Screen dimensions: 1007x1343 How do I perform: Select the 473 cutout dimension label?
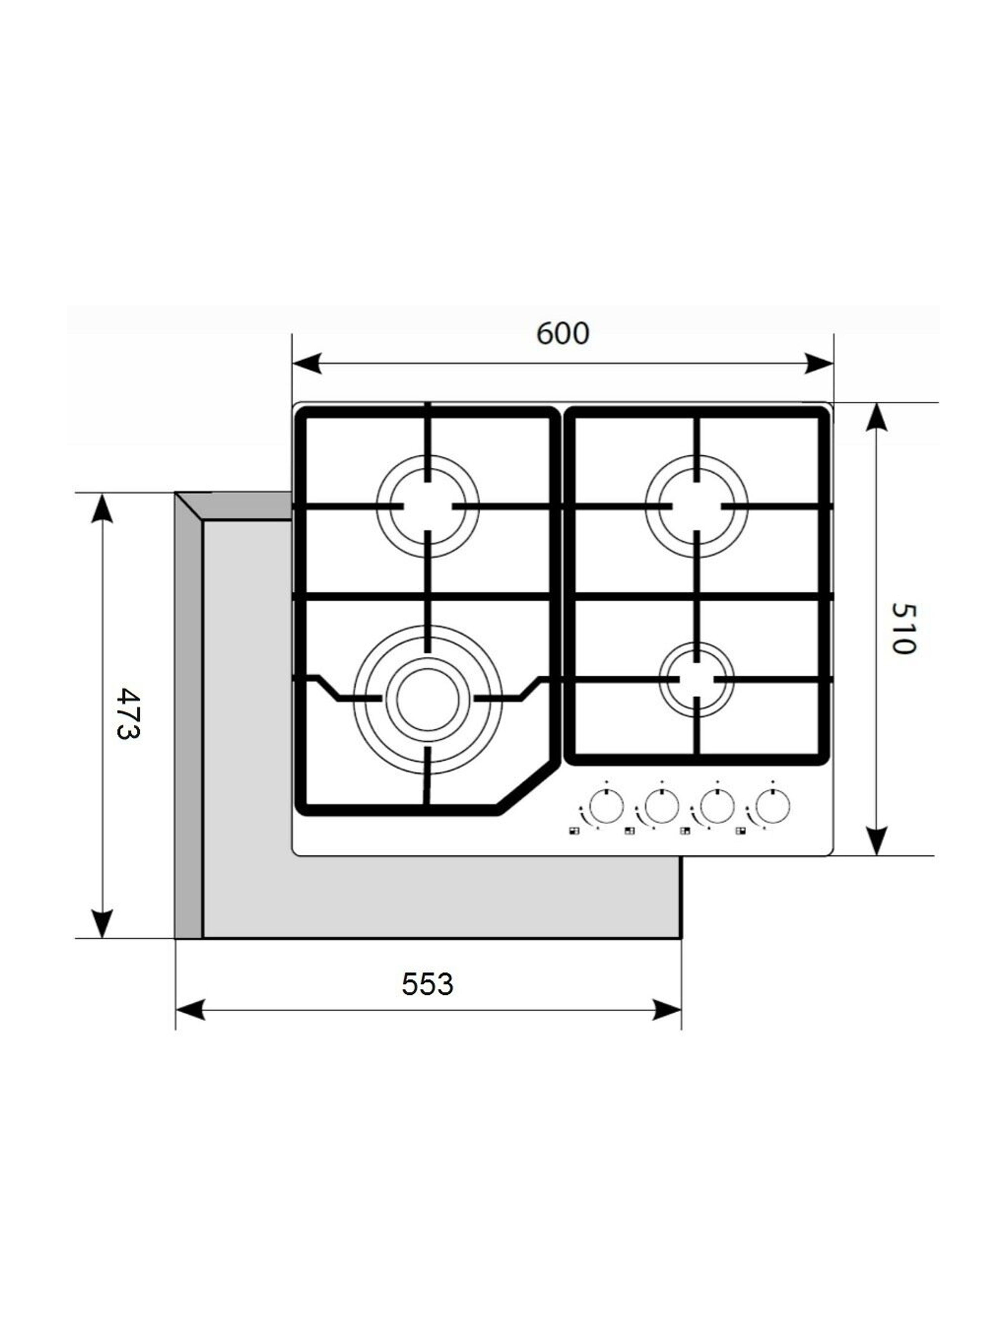(128, 713)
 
